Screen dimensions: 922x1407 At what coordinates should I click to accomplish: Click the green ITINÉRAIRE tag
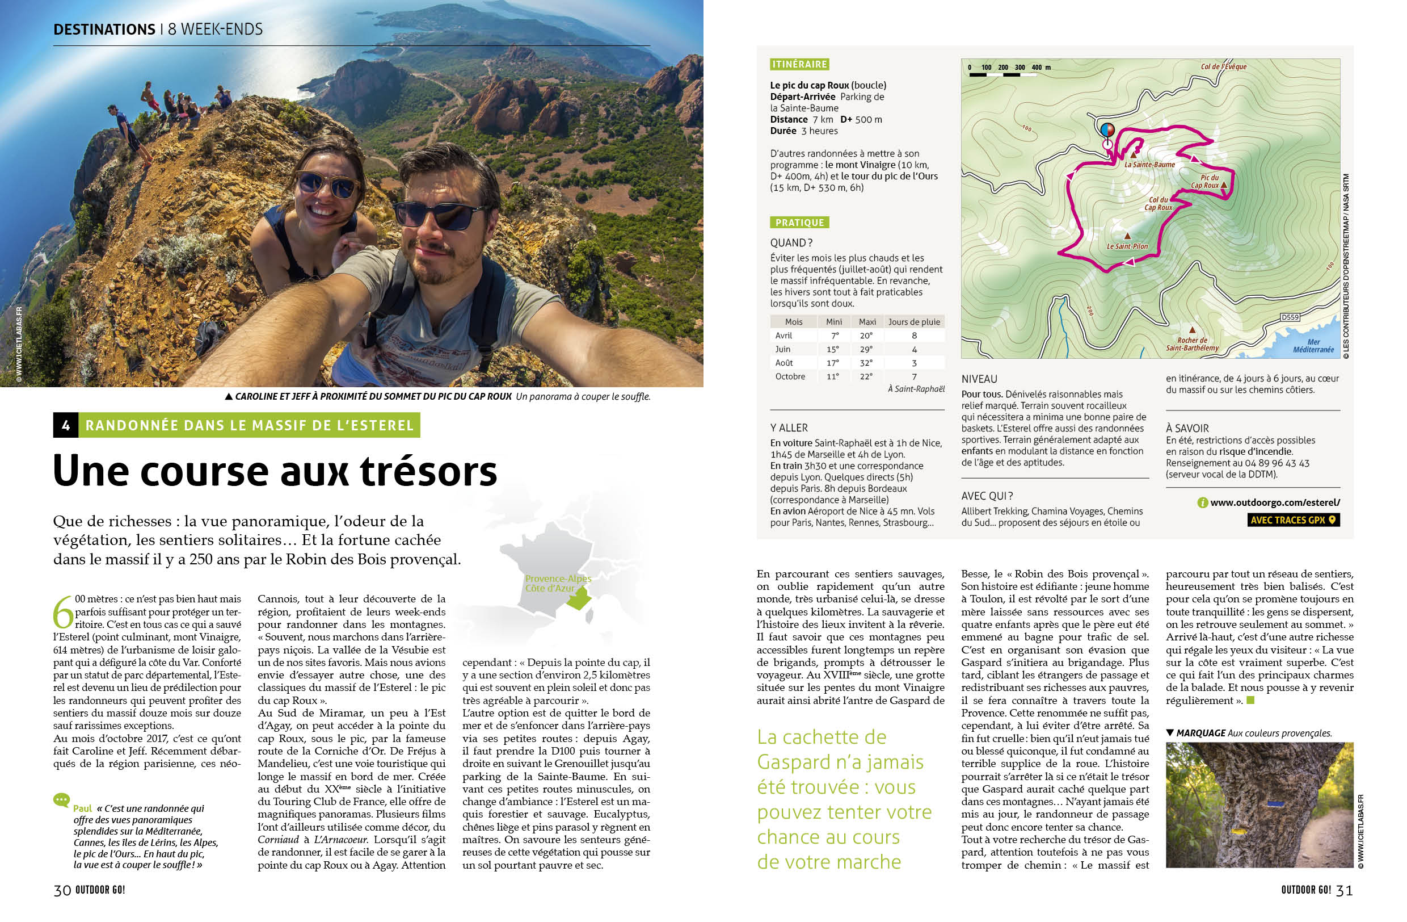tap(799, 64)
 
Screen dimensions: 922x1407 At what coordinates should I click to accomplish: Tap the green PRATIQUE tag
tap(799, 223)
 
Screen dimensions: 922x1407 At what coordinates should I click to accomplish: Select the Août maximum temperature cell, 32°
tap(867, 363)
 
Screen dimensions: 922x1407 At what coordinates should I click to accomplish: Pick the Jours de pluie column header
tap(914, 322)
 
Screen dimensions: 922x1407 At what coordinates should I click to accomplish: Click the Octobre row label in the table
tap(790, 377)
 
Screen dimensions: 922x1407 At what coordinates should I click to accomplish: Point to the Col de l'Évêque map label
tap(1224, 67)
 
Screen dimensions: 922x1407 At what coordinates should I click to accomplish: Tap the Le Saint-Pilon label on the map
tap(1127, 246)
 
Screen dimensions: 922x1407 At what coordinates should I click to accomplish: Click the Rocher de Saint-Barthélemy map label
tap(1192, 344)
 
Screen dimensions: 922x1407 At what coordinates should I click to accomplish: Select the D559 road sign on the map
tap(1290, 317)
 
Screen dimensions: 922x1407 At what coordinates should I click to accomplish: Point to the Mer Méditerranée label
tap(1313, 346)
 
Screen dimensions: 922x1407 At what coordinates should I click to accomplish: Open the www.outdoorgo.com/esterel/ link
tap(1275, 502)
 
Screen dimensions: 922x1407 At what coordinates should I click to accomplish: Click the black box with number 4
tap(66, 425)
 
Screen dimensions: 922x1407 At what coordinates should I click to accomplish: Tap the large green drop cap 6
tap(62, 613)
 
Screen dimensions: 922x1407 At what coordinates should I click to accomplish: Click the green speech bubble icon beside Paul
tap(61, 801)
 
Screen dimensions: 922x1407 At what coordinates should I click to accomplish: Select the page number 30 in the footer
tap(62, 890)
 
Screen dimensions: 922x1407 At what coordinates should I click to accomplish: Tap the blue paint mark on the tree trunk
tap(1272, 804)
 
